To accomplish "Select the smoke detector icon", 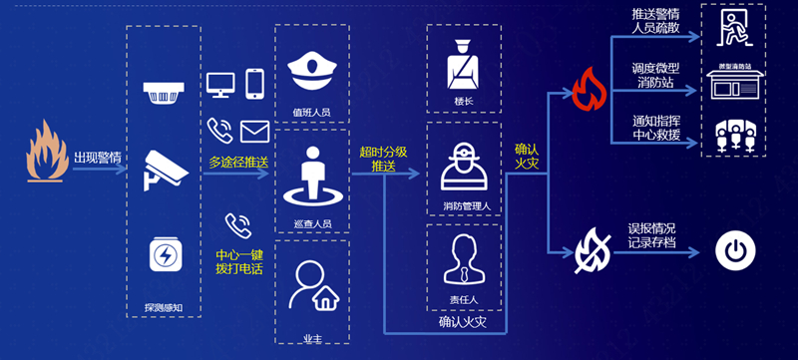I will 163,96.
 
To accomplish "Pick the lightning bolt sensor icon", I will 164,254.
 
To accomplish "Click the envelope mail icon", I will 254,131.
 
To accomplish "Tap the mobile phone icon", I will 254,83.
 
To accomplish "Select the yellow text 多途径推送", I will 236,162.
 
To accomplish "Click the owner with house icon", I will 310,286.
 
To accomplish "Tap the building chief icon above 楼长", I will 462,61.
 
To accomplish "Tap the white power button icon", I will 735,252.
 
